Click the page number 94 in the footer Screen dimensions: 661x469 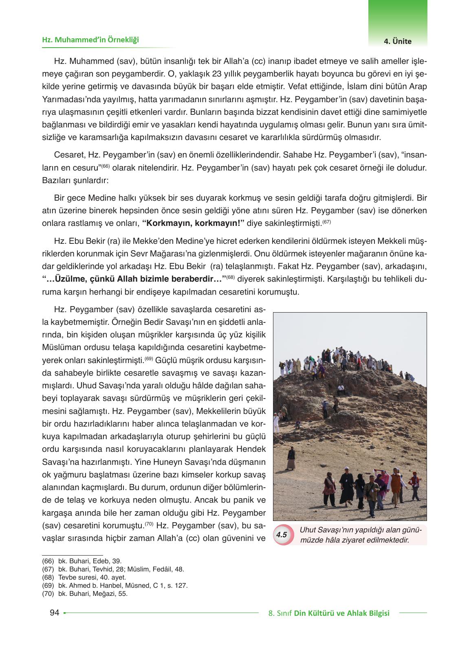[54, 613]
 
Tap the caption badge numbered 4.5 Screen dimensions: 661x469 [282, 535]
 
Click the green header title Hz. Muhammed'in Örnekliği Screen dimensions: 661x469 [90, 40]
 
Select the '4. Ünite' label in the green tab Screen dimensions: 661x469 [397, 41]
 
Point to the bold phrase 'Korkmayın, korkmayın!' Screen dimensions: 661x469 [193, 223]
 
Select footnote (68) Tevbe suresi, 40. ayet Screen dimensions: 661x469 [84, 577]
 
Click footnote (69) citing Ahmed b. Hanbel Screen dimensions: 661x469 [114, 585]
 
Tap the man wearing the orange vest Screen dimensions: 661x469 [395, 483]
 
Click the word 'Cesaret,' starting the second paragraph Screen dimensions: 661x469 [66, 155]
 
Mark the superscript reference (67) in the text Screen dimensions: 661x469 [326, 221]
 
